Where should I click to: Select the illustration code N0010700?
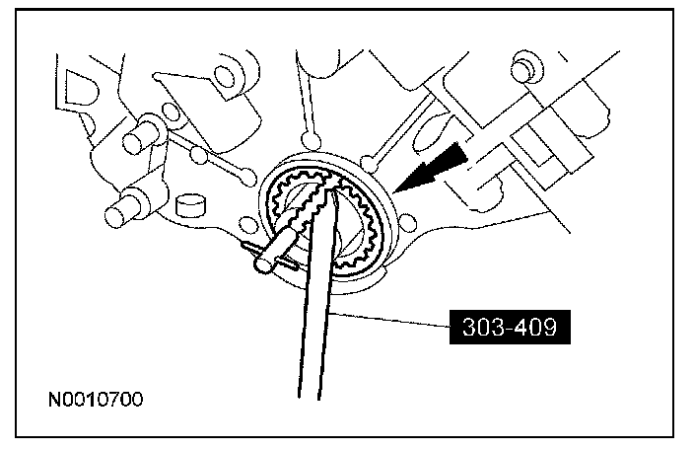click(x=96, y=401)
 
